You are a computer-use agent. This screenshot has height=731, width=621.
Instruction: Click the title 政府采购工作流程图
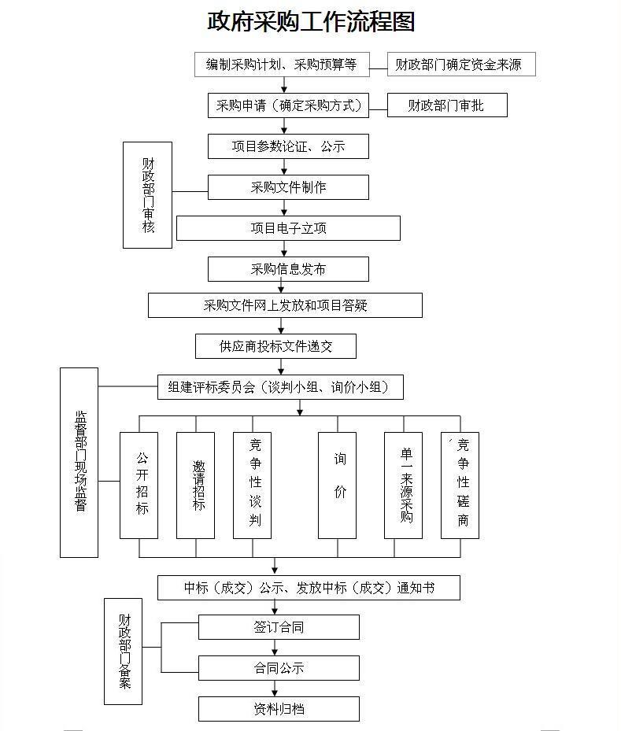(x=311, y=21)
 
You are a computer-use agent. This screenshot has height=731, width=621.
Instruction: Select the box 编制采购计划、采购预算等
(x=282, y=65)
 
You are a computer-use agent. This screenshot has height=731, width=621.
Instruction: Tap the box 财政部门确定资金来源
(x=461, y=65)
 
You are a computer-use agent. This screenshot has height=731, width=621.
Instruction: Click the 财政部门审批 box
(x=447, y=105)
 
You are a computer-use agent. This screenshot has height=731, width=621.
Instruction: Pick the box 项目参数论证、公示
(x=288, y=146)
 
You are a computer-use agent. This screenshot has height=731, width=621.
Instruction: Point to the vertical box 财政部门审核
(x=147, y=195)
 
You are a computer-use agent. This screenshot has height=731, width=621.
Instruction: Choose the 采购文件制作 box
(x=288, y=187)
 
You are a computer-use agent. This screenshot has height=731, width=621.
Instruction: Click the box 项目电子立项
(x=288, y=228)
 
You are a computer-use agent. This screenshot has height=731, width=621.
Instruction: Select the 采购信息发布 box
(x=288, y=269)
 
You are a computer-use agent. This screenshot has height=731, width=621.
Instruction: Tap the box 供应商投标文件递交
(x=275, y=346)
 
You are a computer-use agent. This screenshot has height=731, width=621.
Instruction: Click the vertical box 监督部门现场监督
(x=79, y=463)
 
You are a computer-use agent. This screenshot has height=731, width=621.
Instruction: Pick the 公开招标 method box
(x=139, y=485)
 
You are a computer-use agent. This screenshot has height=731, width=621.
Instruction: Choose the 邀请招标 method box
(x=195, y=485)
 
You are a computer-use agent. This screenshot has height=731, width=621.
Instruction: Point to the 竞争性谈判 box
(x=252, y=485)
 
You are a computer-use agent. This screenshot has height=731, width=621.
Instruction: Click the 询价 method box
(x=337, y=485)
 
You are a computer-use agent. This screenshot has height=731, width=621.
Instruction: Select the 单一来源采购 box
(x=403, y=485)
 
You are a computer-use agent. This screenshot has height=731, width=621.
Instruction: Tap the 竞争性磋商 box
(x=460, y=485)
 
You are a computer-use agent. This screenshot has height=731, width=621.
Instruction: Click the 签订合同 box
(x=279, y=627)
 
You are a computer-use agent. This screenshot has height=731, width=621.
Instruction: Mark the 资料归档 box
(x=279, y=709)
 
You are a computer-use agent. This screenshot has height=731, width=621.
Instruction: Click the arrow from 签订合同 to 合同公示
(x=275, y=648)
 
